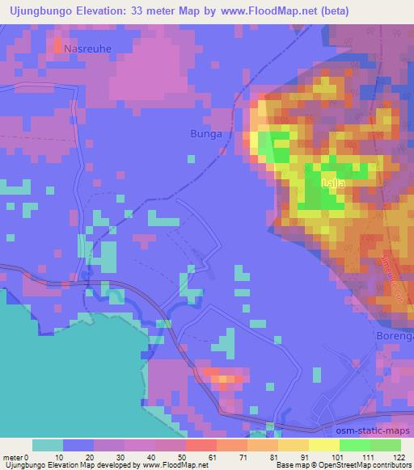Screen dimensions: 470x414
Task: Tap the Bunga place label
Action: (x=205, y=133)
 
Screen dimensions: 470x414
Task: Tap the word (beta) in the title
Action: (x=387, y=10)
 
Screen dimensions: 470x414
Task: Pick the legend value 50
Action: (x=186, y=456)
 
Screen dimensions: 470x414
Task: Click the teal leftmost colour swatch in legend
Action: (x=48, y=445)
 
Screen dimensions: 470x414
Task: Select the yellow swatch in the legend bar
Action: (x=324, y=445)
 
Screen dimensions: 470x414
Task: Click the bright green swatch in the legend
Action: (x=355, y=445)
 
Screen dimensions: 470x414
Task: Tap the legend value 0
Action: (x=32, y=456)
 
